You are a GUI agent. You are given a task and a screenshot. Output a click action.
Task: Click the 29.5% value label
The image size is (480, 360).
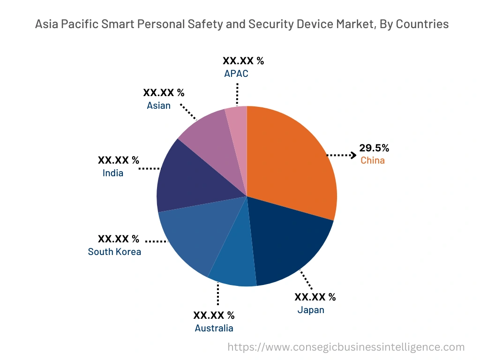tap(374, 148)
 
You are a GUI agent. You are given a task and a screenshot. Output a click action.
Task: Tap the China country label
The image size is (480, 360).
tap(372, 160)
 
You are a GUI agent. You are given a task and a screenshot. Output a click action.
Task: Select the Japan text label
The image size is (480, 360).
tap(310, 310)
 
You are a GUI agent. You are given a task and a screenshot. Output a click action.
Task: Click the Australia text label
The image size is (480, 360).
tap(214, 328)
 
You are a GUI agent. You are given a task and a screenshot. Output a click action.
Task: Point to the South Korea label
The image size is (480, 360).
tap(114, 252)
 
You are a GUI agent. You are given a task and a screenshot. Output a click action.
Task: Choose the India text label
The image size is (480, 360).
tap(113, 173)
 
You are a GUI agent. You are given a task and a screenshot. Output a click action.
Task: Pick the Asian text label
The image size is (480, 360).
tap(158, 105)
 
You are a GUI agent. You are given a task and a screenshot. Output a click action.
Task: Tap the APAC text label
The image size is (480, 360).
tap(236, 74)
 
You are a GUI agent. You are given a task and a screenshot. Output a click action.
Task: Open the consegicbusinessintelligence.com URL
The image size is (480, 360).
tap(346, 347)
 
